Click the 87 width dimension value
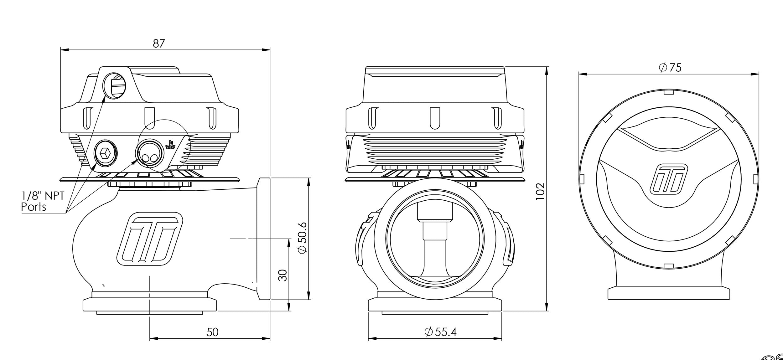(159, 44)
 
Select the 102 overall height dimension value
(540, 191)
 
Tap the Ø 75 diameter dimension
(670, 68)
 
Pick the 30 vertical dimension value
(283, 275)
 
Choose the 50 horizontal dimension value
(212, 332)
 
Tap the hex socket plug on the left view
(106, 153)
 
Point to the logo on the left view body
(149, 239)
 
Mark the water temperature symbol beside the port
(171, 144)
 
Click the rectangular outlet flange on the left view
(263, 239)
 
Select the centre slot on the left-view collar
(150, 118)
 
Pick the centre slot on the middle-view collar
(435, 118)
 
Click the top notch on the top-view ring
(669, 92)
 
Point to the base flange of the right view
(669, 294)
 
